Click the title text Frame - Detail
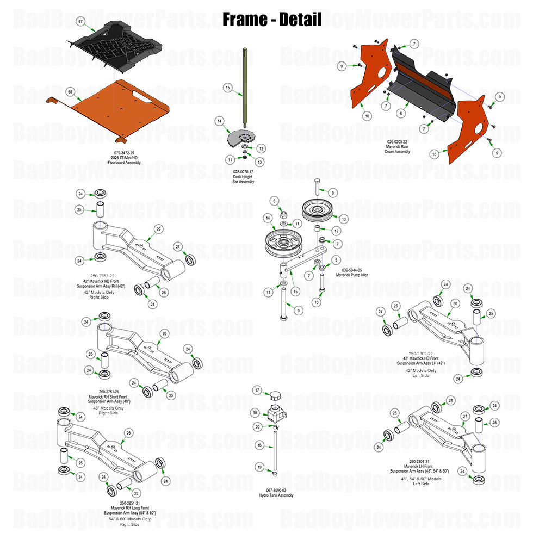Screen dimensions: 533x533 [272, 20]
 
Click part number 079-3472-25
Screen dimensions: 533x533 [127, 152]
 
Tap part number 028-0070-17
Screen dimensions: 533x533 [243, 171]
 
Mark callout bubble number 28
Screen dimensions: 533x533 [129, 432]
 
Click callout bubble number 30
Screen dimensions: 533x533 [455, 303]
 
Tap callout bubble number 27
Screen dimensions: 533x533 [465, 416]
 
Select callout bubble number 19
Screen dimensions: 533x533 [259, 467]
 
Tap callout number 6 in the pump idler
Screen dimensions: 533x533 [275, 201]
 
